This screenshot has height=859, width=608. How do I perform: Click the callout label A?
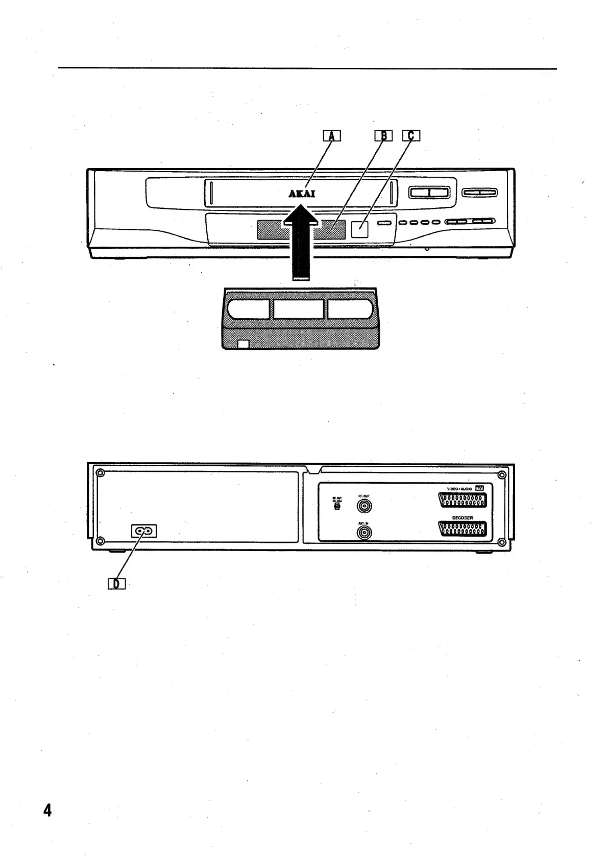coord(332,136)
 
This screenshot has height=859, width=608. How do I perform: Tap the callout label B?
coord(384,136)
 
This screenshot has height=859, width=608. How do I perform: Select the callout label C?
coord(411,136)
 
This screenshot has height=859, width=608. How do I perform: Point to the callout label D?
coord(116,583)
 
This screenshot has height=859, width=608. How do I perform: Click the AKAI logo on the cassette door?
coord(302,194)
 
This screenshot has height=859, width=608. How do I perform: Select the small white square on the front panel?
coord(360,229)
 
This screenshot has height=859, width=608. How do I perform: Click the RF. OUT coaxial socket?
coord(364,506)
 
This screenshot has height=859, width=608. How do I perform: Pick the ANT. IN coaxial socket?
coord(364,533)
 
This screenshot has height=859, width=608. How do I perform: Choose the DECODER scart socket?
coord(462,531)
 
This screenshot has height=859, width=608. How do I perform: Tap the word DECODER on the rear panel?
coord(462,518)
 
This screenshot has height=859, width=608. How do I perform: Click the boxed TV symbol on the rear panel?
coord(479,488)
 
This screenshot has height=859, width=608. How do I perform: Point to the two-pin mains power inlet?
coord(144,531)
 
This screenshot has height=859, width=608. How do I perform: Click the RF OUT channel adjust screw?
coord(337,507)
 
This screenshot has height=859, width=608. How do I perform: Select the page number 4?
coord(47,810)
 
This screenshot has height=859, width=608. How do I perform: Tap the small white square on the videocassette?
coord(244,344)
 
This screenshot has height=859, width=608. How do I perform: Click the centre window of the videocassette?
coord(298,309)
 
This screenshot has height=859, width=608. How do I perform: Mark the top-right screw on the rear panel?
coord(502,475)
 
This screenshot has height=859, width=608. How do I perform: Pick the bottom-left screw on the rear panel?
coord(101,541)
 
